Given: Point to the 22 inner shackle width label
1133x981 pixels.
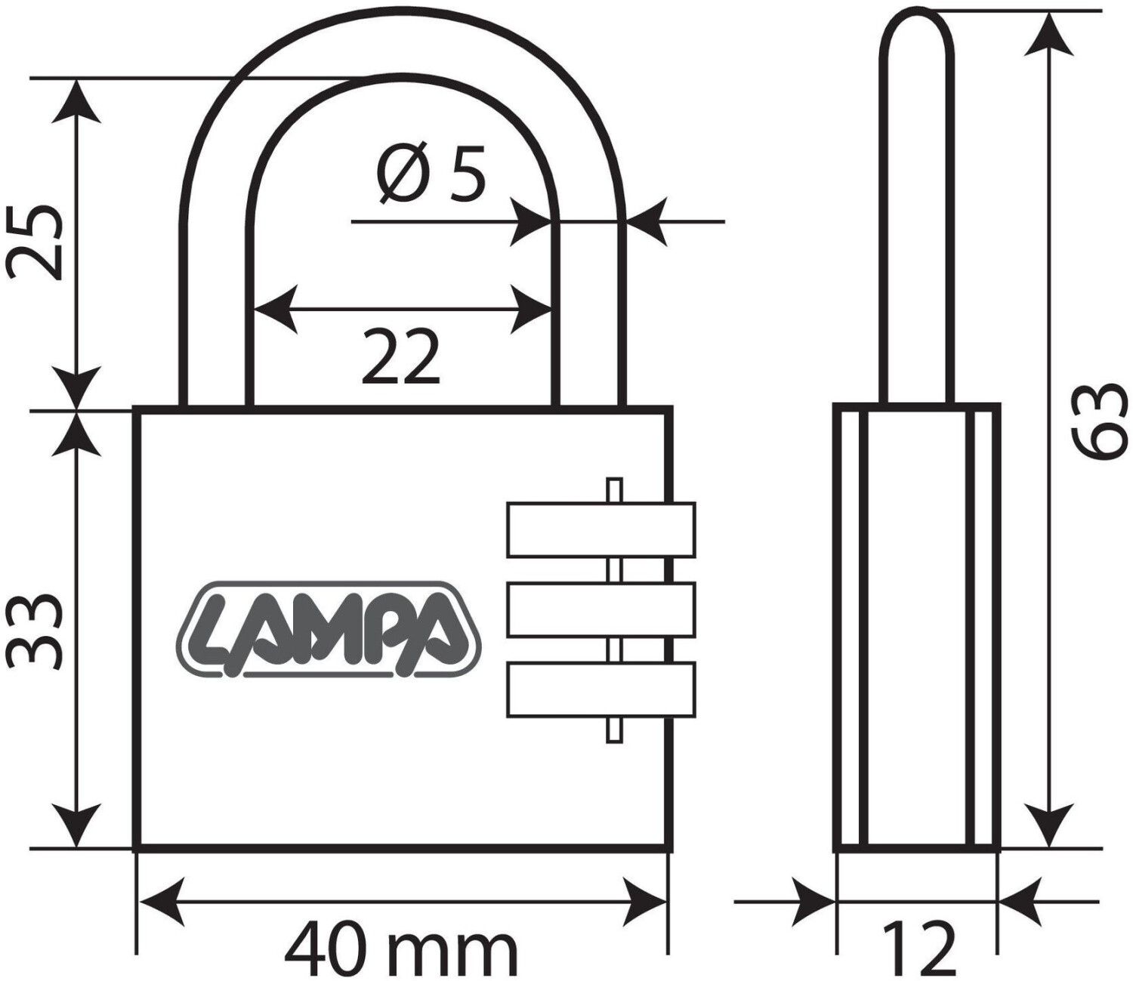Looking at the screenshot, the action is (400, 356).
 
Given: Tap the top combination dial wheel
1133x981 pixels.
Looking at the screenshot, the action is (601, 530).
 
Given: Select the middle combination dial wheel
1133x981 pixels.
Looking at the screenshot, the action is (601, 610).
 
